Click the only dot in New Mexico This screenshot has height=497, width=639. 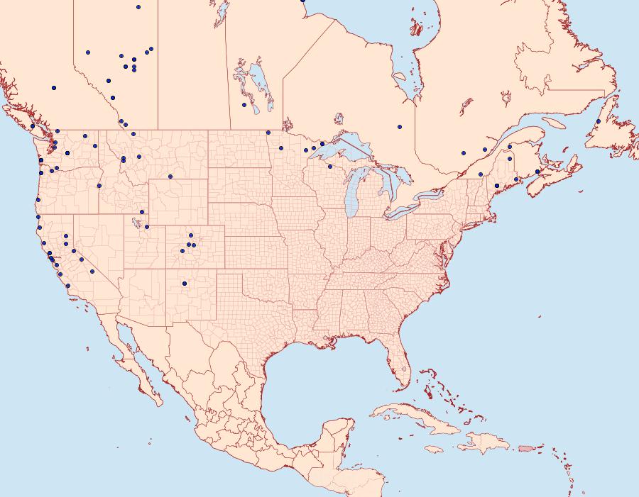coord(185,284)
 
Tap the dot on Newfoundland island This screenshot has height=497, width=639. coord(599,121)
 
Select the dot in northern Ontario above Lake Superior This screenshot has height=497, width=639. coord(400,127)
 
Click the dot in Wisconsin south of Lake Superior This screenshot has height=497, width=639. coord(330,167)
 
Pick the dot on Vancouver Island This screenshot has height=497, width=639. coord(32,126)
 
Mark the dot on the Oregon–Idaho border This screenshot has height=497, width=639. coord(99,186)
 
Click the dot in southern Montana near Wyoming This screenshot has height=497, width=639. coord(170,176)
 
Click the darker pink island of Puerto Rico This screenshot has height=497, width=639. coord(525,447)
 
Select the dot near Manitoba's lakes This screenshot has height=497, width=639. coord(244,105)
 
